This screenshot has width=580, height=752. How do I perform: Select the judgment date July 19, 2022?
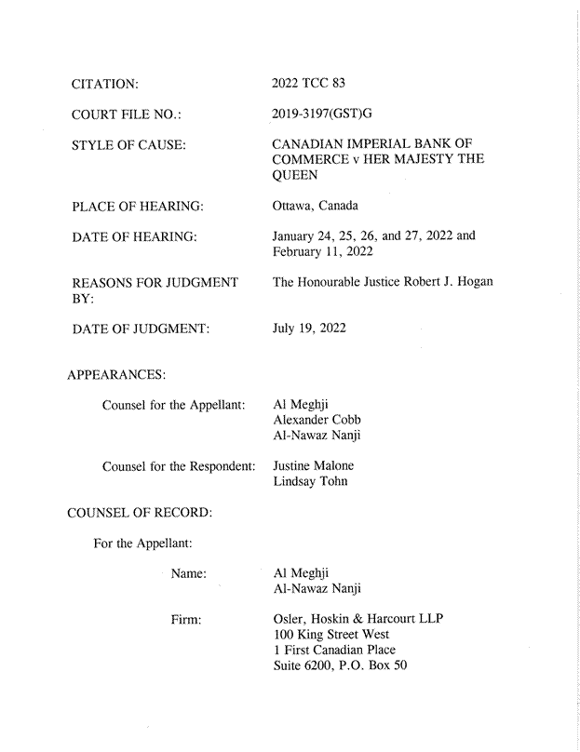coord(309,327)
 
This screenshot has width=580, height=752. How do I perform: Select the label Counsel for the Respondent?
coord(179,466)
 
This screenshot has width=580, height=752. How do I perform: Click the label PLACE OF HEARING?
coord(138,206)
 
